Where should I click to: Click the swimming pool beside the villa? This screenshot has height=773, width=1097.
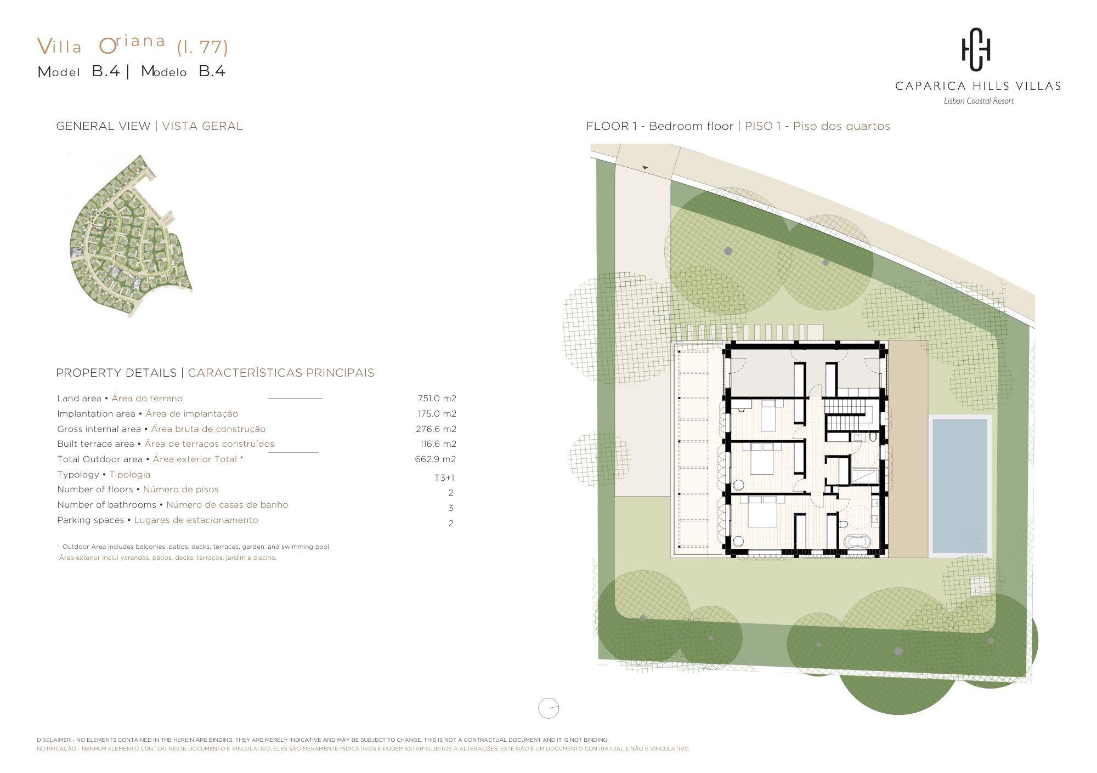coord(960,486)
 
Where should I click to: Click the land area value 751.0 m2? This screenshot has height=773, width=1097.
coord(437,399)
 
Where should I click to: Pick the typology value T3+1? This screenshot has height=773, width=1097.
coord(444,478)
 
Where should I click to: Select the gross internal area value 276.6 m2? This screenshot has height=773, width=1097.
coord(436,429)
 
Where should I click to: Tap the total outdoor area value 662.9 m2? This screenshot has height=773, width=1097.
coord(436,459)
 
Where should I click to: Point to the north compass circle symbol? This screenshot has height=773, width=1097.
coord(548,708)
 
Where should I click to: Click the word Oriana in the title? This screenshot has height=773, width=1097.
coord(132,44)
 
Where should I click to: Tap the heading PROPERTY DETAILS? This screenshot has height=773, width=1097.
coord(116,373)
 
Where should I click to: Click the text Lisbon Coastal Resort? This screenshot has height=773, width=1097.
coord(979,101)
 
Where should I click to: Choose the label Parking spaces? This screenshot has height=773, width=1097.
coord(91,520)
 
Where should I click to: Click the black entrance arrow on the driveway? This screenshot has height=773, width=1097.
coord(645,167)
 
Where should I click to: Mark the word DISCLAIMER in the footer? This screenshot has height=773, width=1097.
coord(54,740)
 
